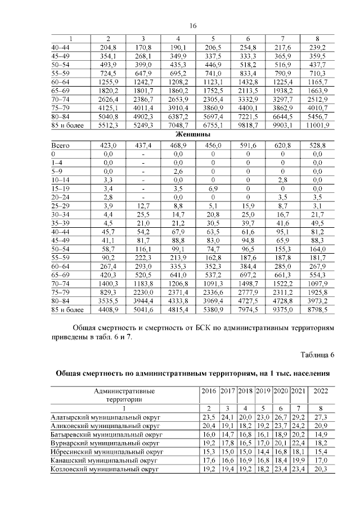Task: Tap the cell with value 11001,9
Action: pos(319,126)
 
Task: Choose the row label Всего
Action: pos(59,145)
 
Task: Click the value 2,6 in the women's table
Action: pos(178,170)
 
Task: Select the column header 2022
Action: pos(319,390)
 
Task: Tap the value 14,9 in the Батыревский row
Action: pos(319,435)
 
